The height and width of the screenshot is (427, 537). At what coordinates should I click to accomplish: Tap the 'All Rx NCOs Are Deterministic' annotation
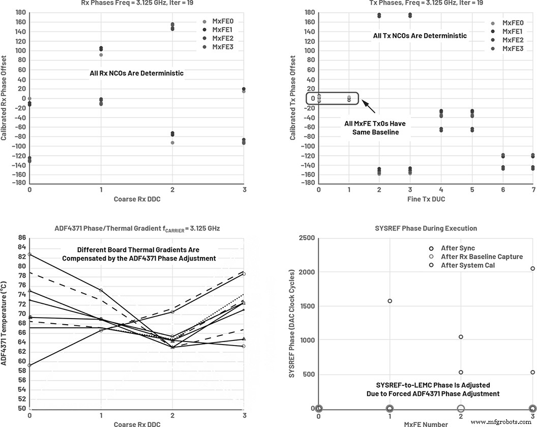click(136, 73)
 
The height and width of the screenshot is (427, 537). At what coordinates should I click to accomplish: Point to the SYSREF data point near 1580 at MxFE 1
click(390, 301)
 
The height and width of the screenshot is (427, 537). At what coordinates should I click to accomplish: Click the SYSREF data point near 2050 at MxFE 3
click(532, 268)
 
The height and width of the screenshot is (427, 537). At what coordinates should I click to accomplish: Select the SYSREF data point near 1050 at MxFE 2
click(461, 337)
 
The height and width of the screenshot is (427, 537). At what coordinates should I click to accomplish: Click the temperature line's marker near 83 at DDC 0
click(29, 254)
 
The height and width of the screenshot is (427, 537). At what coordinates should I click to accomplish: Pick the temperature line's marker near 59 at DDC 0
click(29, 365)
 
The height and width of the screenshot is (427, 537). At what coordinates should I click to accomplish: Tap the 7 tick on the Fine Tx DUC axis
click(532, 190)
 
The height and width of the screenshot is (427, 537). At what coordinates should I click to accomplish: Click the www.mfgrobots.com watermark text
click(500, 422)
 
